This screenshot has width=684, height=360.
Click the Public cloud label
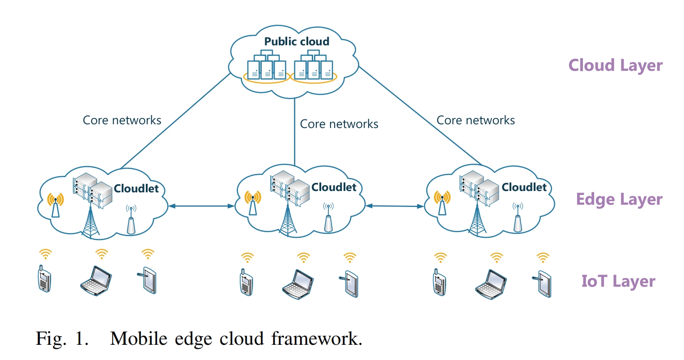click(x=297, y=42)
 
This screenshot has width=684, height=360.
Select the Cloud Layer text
click(x=615, y=65)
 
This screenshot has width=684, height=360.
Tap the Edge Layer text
click(x=619, y=199)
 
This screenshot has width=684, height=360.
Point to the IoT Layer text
click(x=618, y=281)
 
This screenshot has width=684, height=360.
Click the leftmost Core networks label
click(x=122, y=120)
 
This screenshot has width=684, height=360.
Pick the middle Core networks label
click(x=339, y=124)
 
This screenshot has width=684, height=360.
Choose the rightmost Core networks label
click(x=475, y=120)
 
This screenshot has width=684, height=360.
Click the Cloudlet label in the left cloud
click(x=136, y=189)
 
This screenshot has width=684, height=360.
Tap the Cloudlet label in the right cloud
click(x=524, y=187)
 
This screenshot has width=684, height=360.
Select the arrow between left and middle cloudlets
click(x=201, y=206)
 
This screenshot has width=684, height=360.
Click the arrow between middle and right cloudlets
click(x=395, y=206)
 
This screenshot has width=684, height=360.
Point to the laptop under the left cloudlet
click(x=95, y=280)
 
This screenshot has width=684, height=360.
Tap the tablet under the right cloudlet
click(x=544, y=283)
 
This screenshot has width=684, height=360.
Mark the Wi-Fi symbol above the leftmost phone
click(x=45, y=254)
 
